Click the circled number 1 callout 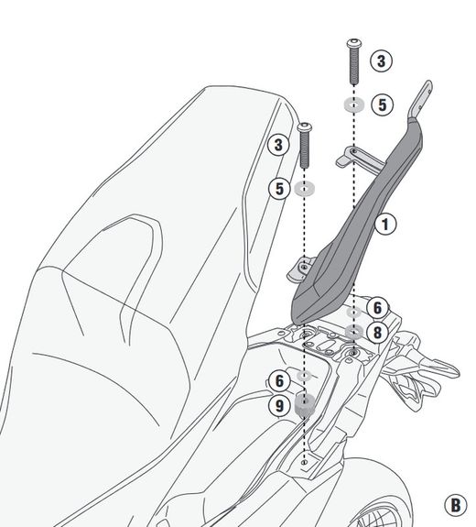[x=385, y=225]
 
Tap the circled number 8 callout [x=377, y=333]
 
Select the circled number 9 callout [x=279, y=406]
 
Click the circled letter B [x=455, y=505]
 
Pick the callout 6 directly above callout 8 [x=377, y=308]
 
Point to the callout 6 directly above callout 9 [x=279, y=381]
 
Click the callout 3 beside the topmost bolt [x=381, y=61]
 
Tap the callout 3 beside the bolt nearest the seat [x=278, y=145]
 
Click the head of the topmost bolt [x=354, y=43]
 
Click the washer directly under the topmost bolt [x=354, y=104]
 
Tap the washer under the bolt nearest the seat [x=305, y=189]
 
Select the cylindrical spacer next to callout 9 [x=305, y=405]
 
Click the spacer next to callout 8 [x=354, y=332]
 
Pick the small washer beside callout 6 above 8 [x=354, y=313]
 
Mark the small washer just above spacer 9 [x=305, y=376]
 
